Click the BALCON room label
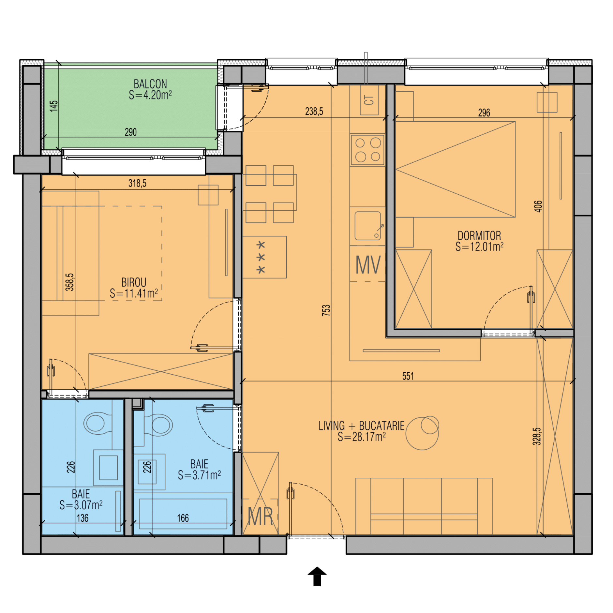coord(150,84)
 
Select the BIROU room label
coord(134,282)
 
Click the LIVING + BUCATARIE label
coord(361,426)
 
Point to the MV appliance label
coord(368,265)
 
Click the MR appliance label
coord(260,516)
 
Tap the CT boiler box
coord(369,100)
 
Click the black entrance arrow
coord(317,576)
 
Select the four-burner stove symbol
coord(368,150)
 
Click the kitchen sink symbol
coord(368,226)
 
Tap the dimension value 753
coord(326,310)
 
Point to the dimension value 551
coord(408,376)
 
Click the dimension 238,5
coord(314,112)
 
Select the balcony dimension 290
coord(130,132)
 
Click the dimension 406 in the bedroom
coord(538,206)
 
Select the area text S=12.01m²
coord(479,247)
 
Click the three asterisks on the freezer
coord(261,257)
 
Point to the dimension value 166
coord(183,518)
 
